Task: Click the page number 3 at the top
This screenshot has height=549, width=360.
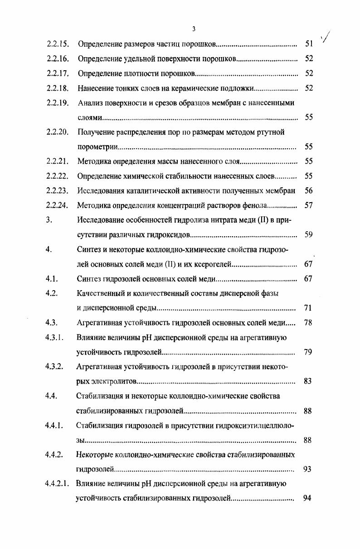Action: (x=194, y=29)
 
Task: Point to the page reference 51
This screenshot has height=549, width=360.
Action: (x=309, y=44)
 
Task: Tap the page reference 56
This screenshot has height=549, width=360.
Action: (x=309, y=191)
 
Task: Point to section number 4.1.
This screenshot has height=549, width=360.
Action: (x=51, y=279)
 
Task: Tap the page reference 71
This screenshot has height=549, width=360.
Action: (x=308, y=308)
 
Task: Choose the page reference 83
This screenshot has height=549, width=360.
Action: (x=308, y=381)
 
